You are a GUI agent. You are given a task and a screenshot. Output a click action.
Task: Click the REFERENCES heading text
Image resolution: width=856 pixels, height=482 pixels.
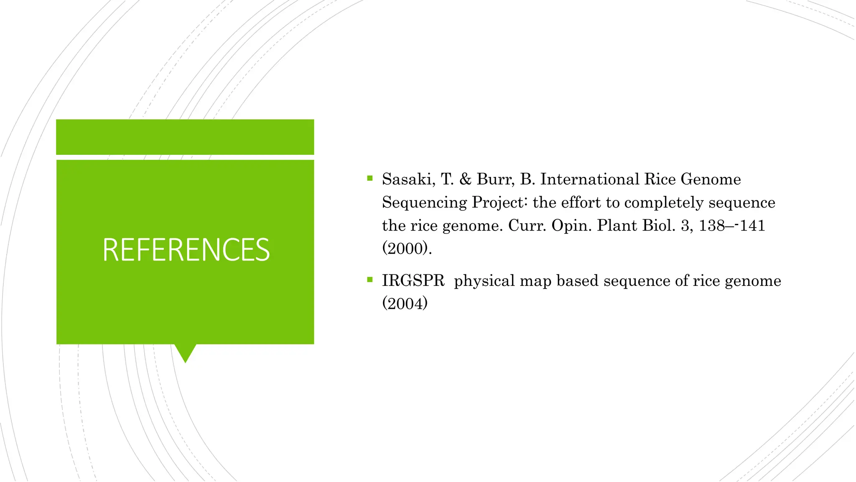[x=186, y=250]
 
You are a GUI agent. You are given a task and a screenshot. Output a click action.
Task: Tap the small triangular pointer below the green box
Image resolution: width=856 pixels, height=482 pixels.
[x=185, y=353]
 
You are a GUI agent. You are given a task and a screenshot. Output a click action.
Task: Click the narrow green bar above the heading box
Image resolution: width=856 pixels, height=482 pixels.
[x=185, y=137]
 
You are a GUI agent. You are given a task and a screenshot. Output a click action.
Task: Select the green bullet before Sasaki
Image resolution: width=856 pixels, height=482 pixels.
[x=369, y=178]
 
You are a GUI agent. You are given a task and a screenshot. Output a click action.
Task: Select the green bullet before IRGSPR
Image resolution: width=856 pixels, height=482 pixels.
[x=369, y=279]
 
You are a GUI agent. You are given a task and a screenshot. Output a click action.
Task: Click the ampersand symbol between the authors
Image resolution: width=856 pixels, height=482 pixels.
[x=465, y=179]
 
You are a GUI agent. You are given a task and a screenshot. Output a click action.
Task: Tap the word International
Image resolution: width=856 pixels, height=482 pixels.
[x=589, y=179]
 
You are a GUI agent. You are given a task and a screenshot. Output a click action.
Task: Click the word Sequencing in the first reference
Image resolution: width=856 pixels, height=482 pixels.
[x=424, y=203]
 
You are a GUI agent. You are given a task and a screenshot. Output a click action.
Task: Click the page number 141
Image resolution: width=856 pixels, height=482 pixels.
[x=752, y=226]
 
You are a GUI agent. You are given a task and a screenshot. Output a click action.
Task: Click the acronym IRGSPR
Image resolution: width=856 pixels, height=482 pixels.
[x=413, y=281]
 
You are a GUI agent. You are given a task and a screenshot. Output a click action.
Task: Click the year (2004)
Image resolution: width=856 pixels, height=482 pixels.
[x=405, y=303]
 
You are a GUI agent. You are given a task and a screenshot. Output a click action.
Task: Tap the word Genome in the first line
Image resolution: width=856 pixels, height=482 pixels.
[x=711, y=179]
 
